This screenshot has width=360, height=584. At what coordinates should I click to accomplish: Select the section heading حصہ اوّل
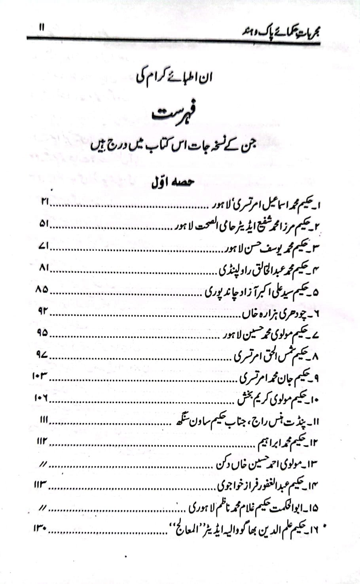[x=172, y=183]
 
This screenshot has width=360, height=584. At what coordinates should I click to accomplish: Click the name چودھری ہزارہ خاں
[x=275, y=314]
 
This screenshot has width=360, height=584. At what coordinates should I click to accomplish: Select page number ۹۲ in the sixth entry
[x=43, y=311]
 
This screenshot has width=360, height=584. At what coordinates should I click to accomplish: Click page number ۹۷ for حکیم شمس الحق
[x=42, y=355]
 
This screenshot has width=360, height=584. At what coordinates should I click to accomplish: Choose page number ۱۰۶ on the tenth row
[x=40, y=398]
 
